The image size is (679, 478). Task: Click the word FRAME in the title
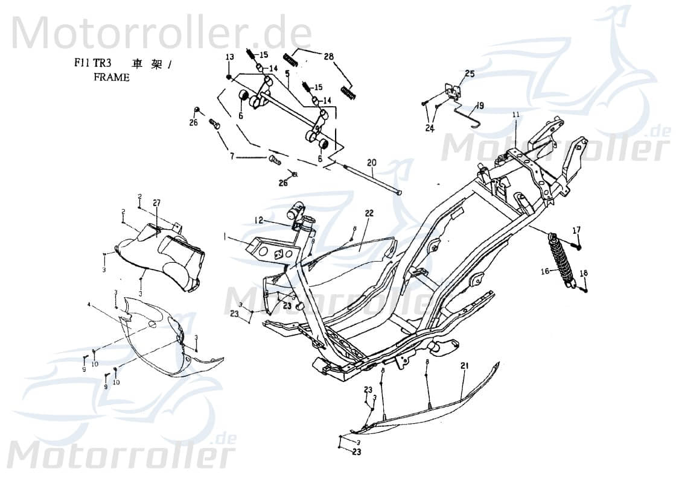111,78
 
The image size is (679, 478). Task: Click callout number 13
229,57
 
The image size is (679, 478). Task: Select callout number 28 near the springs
328,57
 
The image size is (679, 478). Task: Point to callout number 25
470,74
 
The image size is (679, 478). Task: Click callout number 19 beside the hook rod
479,105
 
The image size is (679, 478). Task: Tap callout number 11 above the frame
516,115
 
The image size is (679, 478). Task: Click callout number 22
369,213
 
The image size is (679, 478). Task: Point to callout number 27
156,203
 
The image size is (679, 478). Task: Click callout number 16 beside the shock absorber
544,272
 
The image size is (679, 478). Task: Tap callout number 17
576,230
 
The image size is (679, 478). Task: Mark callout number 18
583,274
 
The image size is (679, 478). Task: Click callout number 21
464,366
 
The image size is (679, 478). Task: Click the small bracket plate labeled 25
452,90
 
